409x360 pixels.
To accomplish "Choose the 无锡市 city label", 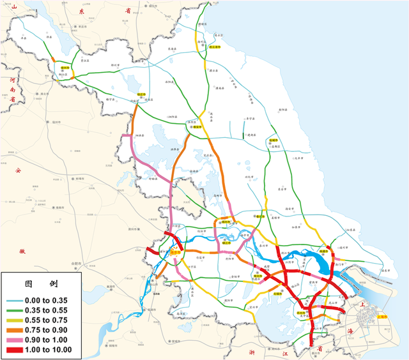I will (x=278, y=294).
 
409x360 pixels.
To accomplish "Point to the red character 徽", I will (x=22, y=251).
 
